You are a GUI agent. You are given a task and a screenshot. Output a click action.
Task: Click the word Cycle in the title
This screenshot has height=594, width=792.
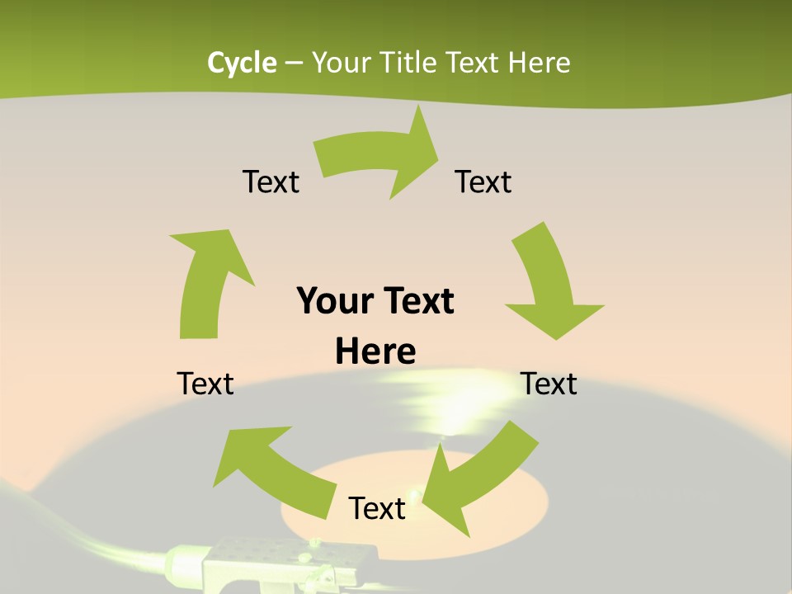(x=242, y=63)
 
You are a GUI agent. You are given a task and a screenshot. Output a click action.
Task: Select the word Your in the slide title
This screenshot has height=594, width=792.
(x=341, y=63)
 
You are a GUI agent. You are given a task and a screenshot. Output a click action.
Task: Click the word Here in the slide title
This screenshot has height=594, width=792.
(x=540, y=63)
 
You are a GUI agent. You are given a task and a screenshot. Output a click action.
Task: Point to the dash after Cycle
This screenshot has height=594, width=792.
(x=294, y=64)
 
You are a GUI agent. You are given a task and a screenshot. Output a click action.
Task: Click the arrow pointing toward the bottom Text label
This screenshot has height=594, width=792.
(x=478, y=478)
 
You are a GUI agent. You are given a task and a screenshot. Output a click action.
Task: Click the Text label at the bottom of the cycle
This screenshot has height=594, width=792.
(x=377, y=508)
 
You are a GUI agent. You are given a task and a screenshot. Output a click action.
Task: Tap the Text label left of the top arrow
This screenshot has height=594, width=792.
(x=271, y=181)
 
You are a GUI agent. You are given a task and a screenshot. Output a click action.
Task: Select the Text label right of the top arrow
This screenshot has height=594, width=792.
(x=483, y=181)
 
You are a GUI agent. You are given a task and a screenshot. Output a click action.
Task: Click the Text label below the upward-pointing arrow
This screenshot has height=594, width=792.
(x=205, y=384)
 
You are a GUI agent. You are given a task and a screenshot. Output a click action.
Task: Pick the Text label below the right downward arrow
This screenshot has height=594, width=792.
(x=549, y=384)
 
